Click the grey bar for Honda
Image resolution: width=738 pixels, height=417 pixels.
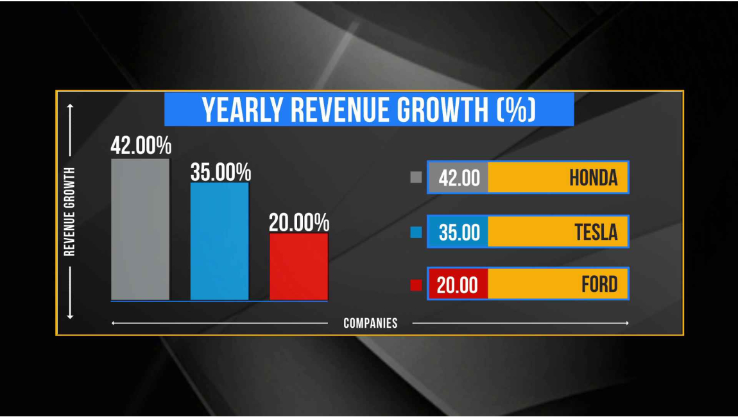point(141,229)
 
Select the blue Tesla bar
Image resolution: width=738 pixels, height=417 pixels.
point(219,241)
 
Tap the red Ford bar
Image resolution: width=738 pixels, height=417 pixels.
point(298,266)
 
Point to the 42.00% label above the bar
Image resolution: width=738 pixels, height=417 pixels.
point(141,146)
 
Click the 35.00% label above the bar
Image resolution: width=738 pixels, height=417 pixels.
point(220,173)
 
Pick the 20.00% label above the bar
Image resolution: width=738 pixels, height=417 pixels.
point(298,223)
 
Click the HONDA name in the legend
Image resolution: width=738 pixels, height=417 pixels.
point(593,178)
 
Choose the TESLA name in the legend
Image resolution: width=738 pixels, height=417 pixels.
point(596,232)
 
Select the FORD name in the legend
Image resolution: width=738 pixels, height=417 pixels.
point(599,284)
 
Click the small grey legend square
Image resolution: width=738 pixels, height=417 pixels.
point(416,178)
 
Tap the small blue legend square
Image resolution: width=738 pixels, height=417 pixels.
point(416,232)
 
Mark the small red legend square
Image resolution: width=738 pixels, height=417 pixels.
point(416,285)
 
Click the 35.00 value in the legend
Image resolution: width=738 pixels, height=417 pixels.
point(459,232)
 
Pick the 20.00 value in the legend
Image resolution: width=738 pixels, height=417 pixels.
point(458,285)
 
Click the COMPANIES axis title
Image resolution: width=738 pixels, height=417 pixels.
point(370,323)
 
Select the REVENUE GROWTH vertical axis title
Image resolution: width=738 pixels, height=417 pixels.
point(70,212)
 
